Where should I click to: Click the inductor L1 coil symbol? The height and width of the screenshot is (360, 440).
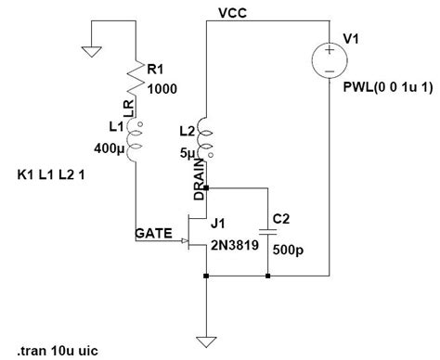click(136, 139)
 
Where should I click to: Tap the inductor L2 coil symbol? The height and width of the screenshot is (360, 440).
click(204, 139)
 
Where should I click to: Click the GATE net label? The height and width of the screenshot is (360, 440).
click(154, 235)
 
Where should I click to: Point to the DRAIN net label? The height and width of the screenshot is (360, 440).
click(198, 176)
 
